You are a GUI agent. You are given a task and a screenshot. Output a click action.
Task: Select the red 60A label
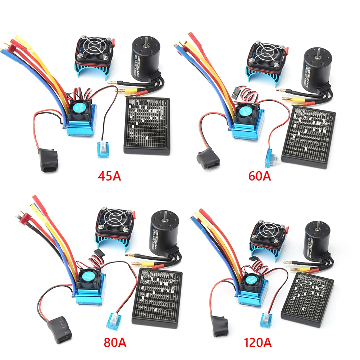pyautogui.click(x=260, y=176)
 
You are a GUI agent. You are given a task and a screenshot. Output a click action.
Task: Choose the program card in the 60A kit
pyautogui.click(x=309, y=138)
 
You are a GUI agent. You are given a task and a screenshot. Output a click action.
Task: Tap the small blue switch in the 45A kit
pyautogui.click(x=102, y=148)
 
